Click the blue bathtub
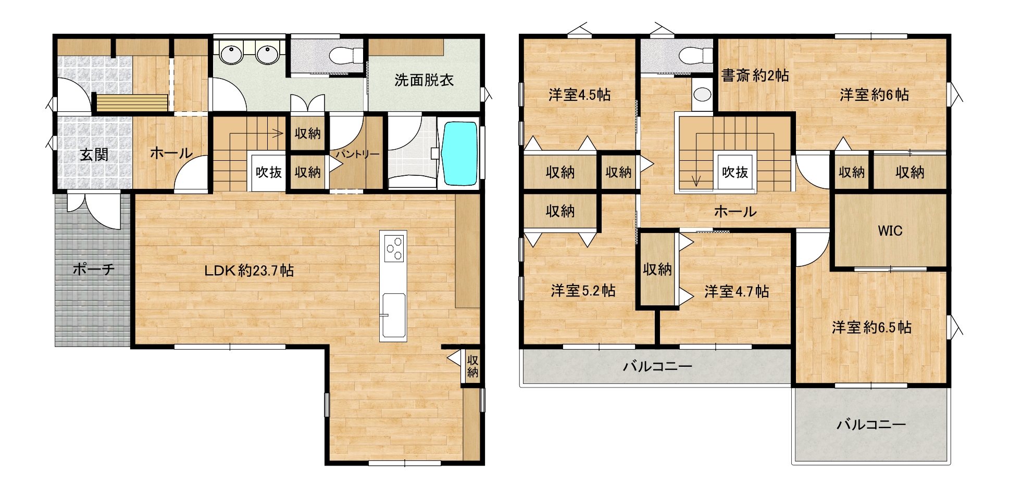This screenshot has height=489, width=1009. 459,153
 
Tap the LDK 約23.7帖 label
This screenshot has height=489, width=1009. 249,271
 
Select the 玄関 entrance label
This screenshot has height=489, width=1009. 94,155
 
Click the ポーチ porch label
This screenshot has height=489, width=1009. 93,269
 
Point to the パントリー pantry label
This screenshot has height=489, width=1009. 357,155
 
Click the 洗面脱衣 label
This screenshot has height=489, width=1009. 424,80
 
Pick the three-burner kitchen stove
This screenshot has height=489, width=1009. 394,249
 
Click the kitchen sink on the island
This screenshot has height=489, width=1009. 393,316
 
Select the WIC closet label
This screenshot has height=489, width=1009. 890,230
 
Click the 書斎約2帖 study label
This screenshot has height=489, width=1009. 755,75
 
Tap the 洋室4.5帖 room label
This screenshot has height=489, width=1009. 579,95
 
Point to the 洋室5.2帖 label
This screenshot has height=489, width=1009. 583,290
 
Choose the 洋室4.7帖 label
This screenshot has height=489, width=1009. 737,291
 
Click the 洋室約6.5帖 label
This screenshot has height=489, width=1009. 871,327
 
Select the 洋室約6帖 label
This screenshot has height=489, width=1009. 874,95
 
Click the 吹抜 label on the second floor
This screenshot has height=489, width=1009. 735,172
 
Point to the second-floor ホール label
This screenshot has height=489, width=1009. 735,212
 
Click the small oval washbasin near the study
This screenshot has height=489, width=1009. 703,94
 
